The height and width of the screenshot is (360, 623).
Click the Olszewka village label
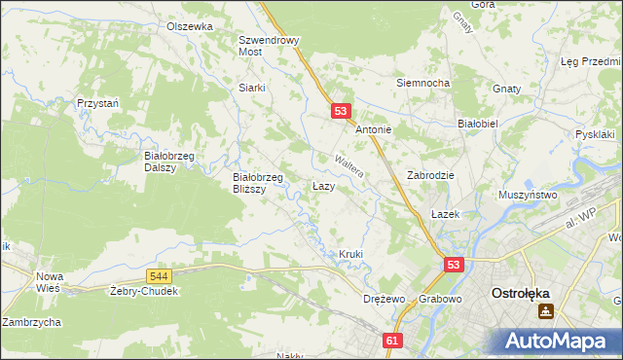pos(189,26)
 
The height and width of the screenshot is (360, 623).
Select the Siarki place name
pos(252,87)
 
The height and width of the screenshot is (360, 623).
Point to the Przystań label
pos(98,102)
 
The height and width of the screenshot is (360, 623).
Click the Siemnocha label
pos(422,83)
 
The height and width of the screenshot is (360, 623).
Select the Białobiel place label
pos(478,125)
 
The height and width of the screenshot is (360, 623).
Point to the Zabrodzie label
pos(431,175)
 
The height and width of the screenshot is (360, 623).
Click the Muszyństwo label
pos(527,195)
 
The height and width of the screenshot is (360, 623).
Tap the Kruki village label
pos(350,254)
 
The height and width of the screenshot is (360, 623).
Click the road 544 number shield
pos(161,276)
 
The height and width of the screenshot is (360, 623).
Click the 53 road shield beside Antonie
pos(340,112)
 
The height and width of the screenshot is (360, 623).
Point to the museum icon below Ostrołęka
pos(546,311)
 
